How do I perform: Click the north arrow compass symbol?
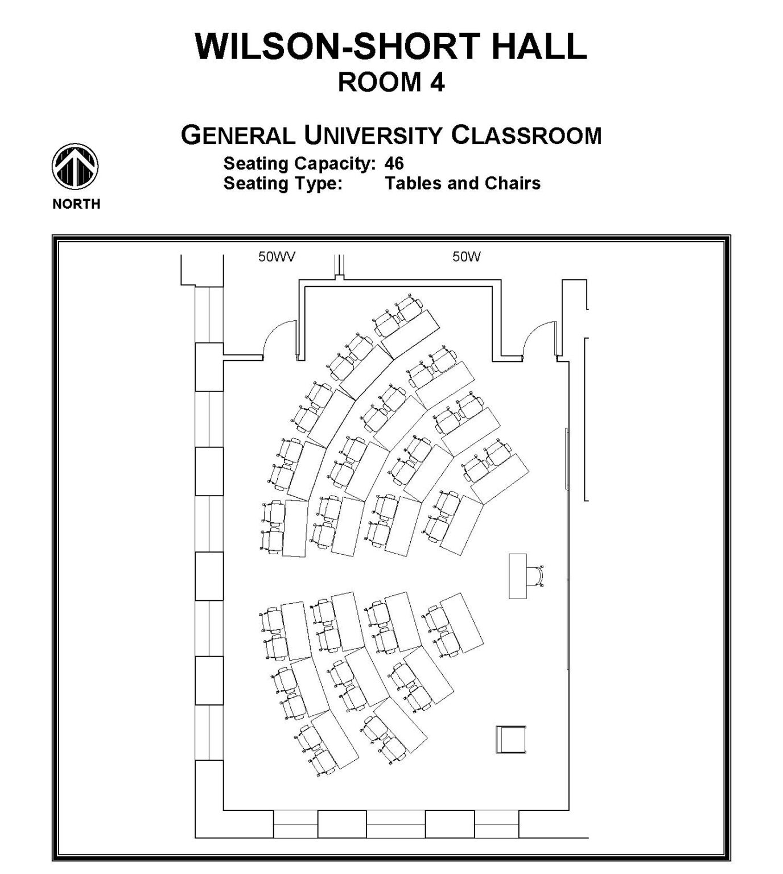tap(75, 167)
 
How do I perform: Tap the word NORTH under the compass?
tap(76, 204)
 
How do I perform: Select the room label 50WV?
tap(277, 257)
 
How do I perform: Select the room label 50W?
tap(467, 257)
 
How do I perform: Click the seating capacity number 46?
tap(394, 164)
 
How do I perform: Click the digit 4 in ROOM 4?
tap(436, 83)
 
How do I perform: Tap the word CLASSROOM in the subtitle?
tap(526, 136)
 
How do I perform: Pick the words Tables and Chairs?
tap(462, 183)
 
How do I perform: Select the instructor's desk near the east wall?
tap(517, 575)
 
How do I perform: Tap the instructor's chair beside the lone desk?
tap(536, 576)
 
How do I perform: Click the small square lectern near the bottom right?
tap(510, 740)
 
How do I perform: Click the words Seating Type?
tap(283, 183)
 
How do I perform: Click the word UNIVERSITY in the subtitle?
tap(373, 136)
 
